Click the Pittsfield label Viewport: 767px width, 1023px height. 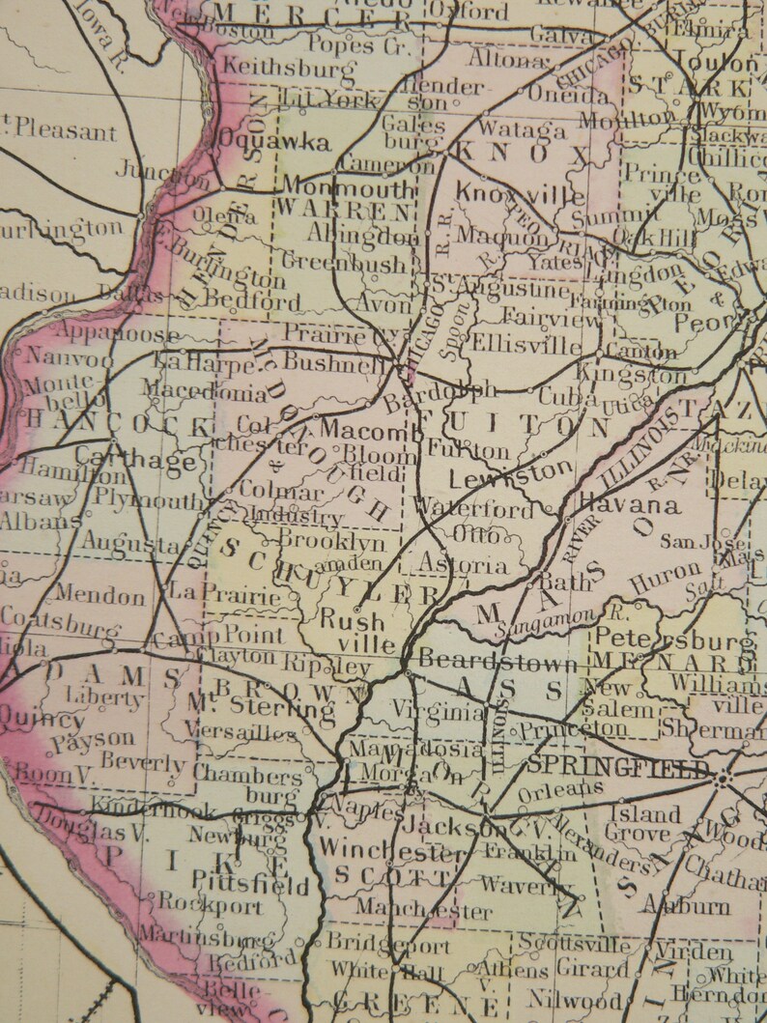click(x=250, y=882)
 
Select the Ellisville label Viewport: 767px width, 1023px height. click(x=526, y=345)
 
